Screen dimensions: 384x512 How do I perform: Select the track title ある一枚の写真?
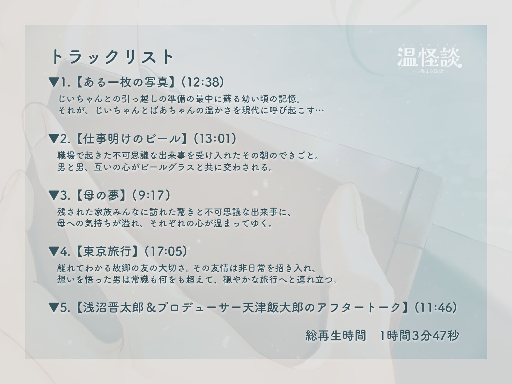pos(126,82)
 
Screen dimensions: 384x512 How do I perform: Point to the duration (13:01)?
pos(214,139)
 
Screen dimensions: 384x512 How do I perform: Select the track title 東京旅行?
pos(107,251)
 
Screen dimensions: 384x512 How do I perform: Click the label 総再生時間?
pos(336,336)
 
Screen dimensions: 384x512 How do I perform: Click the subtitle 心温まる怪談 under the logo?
pos(429,71)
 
